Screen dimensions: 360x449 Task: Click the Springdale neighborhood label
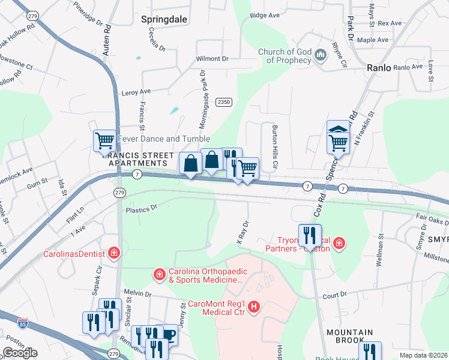pyautogui.click(x=161, y=19)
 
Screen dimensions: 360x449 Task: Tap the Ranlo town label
pyautogui.click(x=379, y=68)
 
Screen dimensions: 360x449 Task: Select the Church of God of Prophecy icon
pyautogui.click(x=320, y=55)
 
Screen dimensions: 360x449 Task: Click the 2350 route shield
pyautogui.click(x=224, y=103)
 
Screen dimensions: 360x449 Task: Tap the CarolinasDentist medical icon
pyautogui.click(x=114, y=254)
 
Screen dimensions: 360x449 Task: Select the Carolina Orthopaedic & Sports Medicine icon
pyautogui.click(x=159, y=275)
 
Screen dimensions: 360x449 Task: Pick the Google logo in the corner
pyautogui.click(x=20, y=353)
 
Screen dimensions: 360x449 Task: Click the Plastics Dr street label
pyautogui.click(x=140, y=209)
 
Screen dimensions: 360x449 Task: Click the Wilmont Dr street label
pyautogui.click(x=212, y=59)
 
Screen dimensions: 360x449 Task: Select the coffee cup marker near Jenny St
pyautogui.click(x=169, y=335)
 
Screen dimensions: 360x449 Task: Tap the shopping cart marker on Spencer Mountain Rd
pyautogui.click(x=338, y=142)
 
